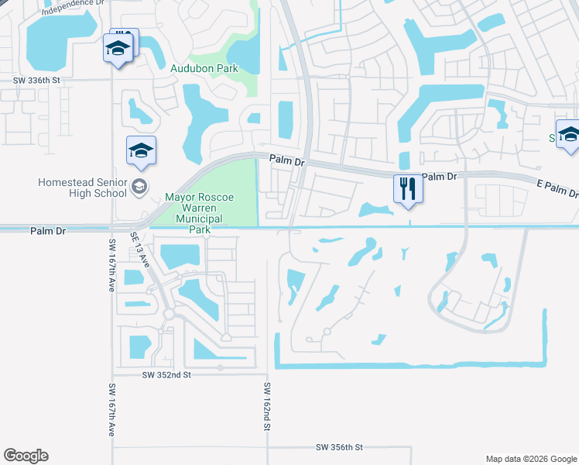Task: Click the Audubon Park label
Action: click(x=204, y=68)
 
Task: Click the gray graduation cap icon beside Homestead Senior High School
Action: click(x=139, y=185)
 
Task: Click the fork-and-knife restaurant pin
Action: click(x=408, y=188)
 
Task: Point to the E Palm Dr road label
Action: click(x=557, y=188)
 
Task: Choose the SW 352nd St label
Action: click(x=166, y=374)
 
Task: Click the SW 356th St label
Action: click(x=339, y=447)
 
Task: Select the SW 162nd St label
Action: click(x=267, y=406)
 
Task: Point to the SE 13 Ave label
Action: click(x=140, y=249)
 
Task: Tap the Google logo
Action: click(x=26, y=456)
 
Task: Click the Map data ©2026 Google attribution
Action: click(x=530, y=458)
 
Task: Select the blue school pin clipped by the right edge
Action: click(x=568, y=135)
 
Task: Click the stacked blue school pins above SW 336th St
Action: click(x=119, y=47)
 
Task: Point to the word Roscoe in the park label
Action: click(x=214, y=198)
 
